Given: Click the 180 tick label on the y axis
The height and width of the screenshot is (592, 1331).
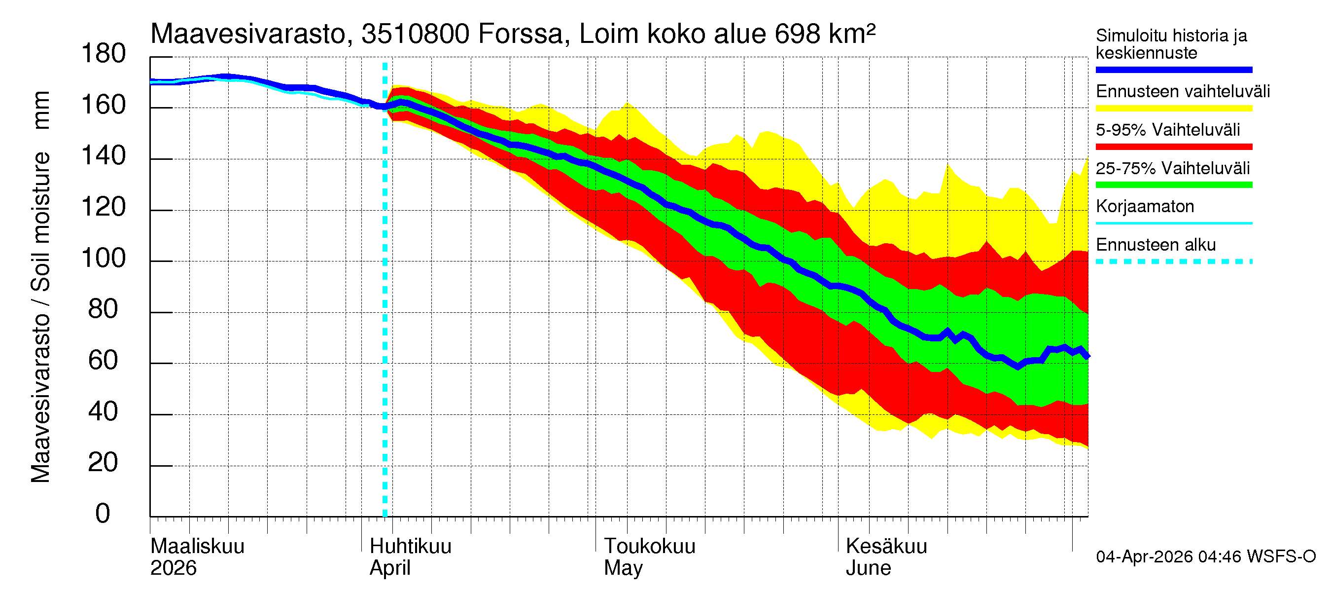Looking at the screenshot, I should click(104, 54).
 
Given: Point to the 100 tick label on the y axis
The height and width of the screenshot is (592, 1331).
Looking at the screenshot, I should click(104, 258).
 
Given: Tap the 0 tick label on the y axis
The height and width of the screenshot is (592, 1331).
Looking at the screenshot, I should click(103, 514).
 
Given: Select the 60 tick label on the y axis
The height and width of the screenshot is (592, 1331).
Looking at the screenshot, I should click(104, 360).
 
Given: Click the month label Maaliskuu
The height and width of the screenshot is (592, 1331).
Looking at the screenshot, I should click(197, 547).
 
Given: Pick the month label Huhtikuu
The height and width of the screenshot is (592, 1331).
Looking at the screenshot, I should click(410, 547).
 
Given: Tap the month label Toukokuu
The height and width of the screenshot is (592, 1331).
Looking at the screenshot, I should click(650, 547).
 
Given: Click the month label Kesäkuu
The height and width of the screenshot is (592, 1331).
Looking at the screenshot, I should click(886, 547).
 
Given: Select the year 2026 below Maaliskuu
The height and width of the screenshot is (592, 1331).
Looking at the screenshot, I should click(173, 568).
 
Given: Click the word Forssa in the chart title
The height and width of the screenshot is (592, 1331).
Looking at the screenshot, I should click(520, 34).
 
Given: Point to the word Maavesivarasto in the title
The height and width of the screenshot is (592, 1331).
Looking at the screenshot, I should click(248, 34).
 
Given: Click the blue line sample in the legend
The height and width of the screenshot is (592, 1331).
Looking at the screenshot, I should click(1173, 70).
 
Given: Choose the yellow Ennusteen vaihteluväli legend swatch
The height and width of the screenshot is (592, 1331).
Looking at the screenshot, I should click(1173, 109).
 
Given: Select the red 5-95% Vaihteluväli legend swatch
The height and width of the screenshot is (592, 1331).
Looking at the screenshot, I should click(1173, 147).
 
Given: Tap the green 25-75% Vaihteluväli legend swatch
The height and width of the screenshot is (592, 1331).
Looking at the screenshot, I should click(1173, 185).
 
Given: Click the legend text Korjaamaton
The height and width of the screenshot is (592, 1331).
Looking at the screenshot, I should click(1145, 206).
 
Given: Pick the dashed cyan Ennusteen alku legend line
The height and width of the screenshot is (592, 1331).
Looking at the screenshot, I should click(1173, 261).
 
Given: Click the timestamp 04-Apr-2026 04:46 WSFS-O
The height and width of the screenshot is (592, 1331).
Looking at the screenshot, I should click(1205, 557).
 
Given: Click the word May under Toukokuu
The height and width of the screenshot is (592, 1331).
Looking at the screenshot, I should click(623, 568).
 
